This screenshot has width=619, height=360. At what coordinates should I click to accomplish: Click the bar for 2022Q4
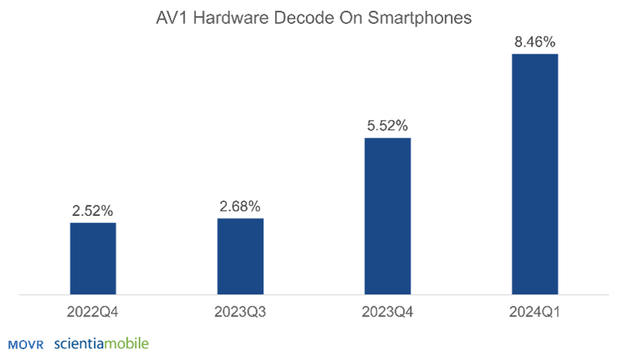click(x=93, y=258)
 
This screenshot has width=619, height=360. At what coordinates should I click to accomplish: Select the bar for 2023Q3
click(x=240, y=255)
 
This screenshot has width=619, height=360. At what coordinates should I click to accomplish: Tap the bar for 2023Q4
click(x=387, y=216)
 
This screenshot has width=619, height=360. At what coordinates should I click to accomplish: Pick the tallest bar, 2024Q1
click(x=535, y=173)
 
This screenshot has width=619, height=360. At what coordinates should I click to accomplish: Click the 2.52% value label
click(x=93, y=210)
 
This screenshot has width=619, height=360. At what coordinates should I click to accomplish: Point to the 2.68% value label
click(x=240, y=205)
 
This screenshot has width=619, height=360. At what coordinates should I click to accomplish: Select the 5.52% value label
click(x=387, y=125)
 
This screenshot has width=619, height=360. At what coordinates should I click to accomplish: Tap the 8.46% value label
click(x=535, y=41)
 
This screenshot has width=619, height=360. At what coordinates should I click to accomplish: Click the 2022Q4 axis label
click(x=93, y=313)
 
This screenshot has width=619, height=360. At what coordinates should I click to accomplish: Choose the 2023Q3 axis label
click(x=240, y=313)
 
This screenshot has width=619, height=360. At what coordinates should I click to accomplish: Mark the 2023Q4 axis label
click(x=387, y=313)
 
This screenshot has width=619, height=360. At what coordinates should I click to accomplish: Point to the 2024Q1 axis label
click(x=535, y=313)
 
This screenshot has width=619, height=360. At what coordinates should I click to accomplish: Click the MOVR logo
click(x=26, y=344)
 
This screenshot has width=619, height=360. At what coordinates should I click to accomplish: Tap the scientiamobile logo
click(x=101, y=343)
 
